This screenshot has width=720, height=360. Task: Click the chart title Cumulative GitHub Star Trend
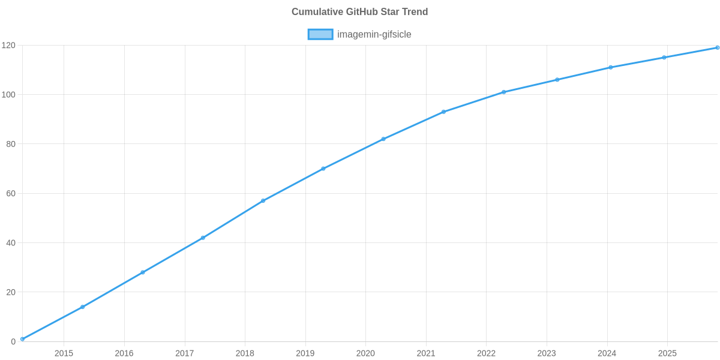click(359, 12)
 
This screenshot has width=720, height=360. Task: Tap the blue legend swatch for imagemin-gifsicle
click(320, 34)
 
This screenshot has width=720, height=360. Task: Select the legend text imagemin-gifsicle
click(374, 34)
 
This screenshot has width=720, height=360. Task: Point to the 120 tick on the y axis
click(8, 46)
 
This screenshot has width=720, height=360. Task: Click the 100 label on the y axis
click(8, 95)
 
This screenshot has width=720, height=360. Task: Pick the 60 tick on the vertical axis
click(10, 194)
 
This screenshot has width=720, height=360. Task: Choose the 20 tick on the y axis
click(10, 292)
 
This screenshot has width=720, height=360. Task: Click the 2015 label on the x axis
click(64, 353)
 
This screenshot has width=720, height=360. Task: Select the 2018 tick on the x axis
click(245, 353)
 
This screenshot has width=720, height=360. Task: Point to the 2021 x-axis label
click(426, 353)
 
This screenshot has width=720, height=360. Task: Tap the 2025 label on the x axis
click(667, 353)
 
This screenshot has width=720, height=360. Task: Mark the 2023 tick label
click(547, 353)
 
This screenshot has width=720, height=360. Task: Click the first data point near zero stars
click(22, 339)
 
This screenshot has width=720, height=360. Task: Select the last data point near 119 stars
click(717, 47)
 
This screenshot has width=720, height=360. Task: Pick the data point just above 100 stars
click(504, 92)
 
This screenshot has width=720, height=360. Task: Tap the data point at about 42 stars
click(203, 238)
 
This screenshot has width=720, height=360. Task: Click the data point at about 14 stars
click(82, 307)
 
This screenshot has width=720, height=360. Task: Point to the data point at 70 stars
click(323, 169)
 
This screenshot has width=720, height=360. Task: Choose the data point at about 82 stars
click(383, 139)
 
